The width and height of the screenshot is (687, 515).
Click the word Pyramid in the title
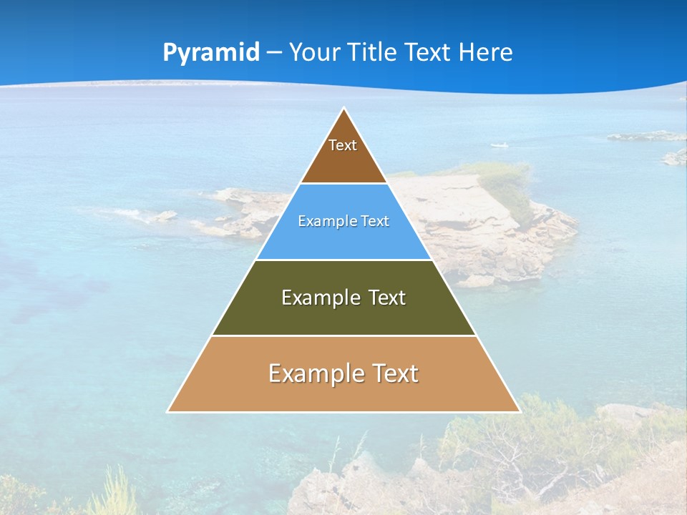coord(211,53)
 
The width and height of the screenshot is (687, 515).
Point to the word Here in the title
coord(486,53)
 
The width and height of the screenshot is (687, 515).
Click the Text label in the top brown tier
coord(343,145)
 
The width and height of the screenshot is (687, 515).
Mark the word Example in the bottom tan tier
coord(314,373)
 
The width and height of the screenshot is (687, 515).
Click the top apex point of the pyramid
coord(343,109)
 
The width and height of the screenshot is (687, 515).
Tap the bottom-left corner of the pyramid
coord(168,411)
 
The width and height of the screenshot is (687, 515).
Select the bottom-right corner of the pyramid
coord(519,411)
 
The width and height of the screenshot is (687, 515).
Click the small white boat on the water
coord(500,145)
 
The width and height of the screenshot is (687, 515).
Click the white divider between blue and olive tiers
coord(343,260)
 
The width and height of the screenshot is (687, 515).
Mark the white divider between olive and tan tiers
coord(343,335)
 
